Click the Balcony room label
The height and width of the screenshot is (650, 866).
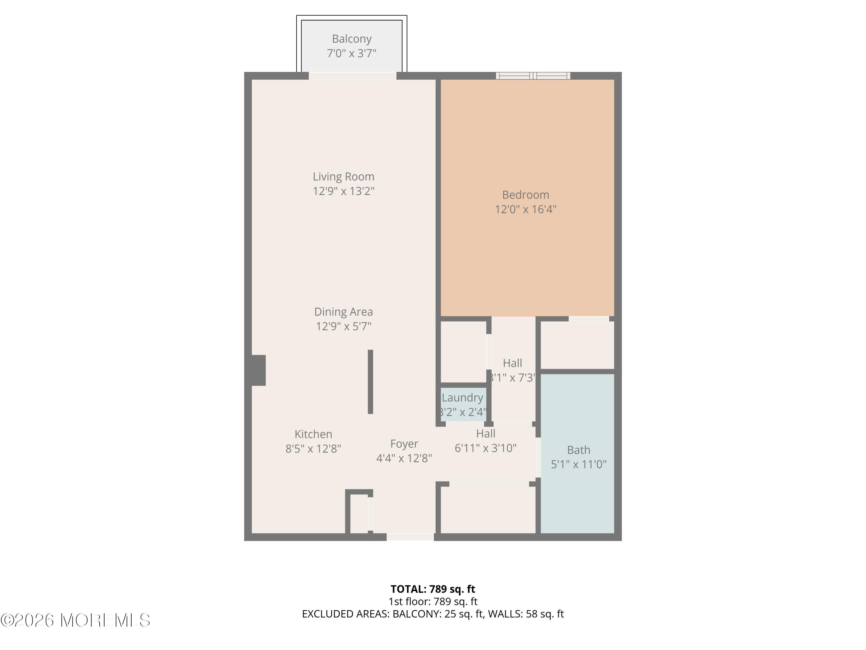(352, 39)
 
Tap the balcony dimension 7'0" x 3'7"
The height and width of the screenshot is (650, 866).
(352, 53)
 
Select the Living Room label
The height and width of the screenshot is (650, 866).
(343, 177)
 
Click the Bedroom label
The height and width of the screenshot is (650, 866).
(525, 195)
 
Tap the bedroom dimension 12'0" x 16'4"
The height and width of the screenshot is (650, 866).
(525, 209)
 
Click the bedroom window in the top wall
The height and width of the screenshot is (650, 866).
(533, 76)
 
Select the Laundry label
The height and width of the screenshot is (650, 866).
(462, 398)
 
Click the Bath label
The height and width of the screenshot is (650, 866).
(578, 450)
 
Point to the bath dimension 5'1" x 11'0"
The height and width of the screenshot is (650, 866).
(578, 465)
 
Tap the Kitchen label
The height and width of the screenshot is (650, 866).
(313, 434)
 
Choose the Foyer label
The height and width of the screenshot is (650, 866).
(404, 444)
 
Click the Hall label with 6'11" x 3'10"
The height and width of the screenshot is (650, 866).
(486, 434)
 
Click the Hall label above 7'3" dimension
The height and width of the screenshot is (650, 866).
(512, 363)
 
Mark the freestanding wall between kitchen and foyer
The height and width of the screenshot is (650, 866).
(370, 382)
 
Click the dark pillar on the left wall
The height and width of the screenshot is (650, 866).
(258, 370)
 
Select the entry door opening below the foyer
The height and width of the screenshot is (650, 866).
(410, 537)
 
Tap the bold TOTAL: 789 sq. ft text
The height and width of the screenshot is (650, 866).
(433, 589)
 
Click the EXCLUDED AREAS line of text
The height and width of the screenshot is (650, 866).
(433, 614)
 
